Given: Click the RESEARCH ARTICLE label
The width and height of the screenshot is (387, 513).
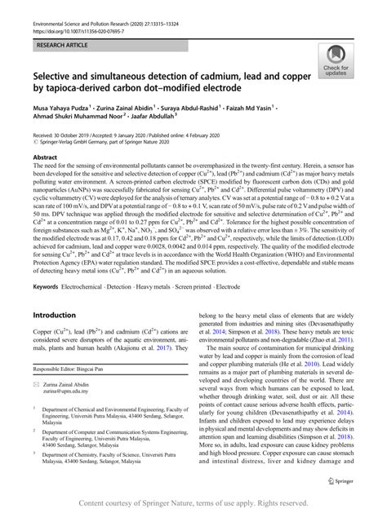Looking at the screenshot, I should (58, 38).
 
